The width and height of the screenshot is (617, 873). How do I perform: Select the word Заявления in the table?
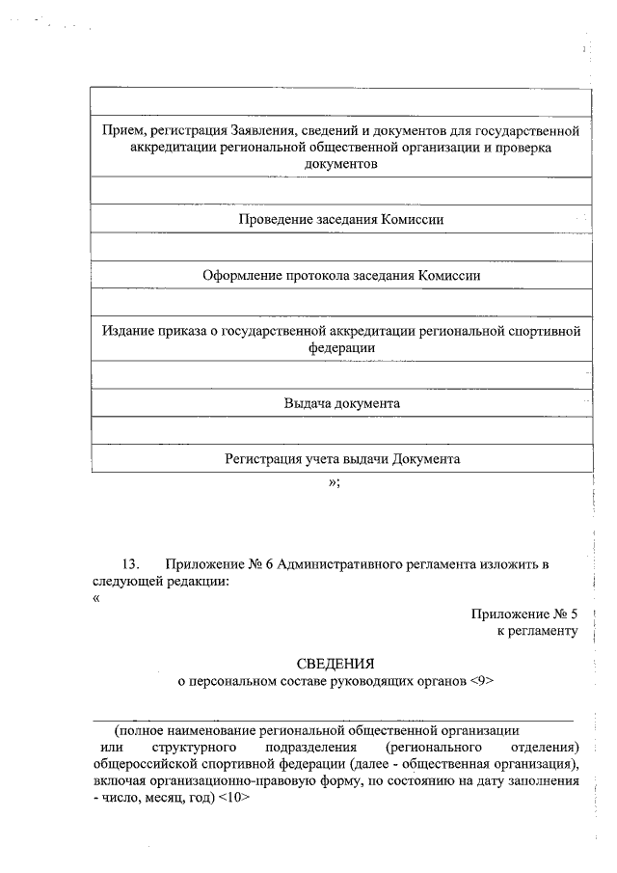[265, 129]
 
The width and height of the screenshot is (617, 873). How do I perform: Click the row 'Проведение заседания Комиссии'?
[341, 219]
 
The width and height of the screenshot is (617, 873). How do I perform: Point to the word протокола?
[318, 275]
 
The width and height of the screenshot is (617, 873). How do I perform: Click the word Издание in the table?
[127, 330]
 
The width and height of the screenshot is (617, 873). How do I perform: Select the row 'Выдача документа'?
[341, 403]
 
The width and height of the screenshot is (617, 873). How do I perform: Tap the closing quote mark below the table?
[334, 481]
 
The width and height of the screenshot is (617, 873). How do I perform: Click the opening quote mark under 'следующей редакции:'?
[96, 598]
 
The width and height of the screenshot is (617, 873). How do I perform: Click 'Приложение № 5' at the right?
[523, 614]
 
